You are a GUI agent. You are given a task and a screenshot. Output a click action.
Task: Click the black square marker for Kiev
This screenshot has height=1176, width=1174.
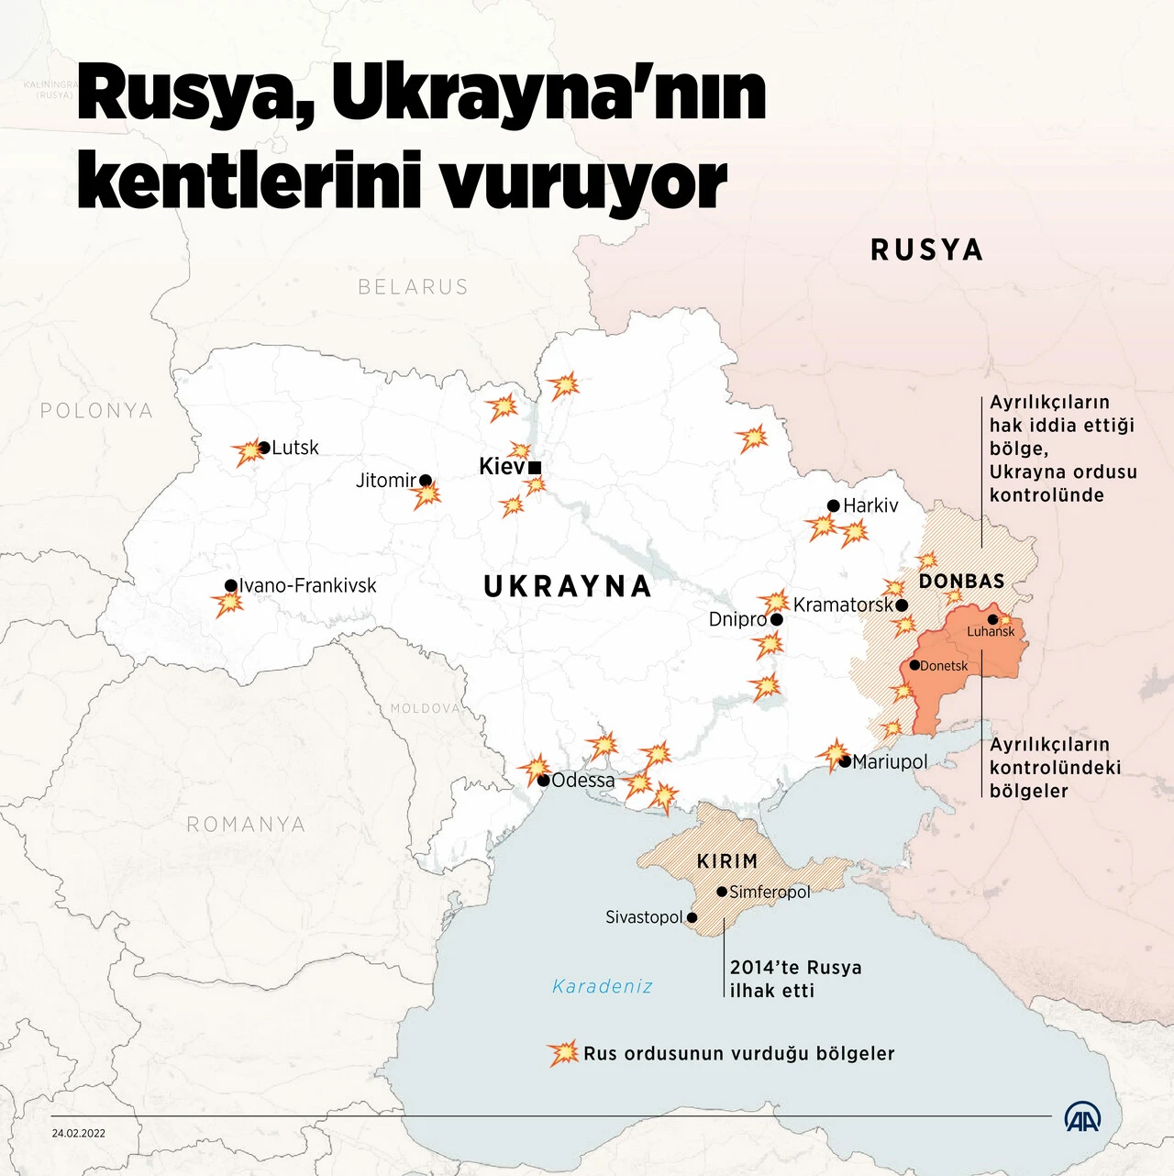536,468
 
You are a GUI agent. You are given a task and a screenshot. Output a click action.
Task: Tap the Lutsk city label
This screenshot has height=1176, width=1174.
295,448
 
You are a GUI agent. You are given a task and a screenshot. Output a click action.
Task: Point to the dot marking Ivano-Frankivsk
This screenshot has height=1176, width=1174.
231,585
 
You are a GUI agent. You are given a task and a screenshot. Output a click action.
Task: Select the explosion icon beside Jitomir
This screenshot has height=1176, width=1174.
426,496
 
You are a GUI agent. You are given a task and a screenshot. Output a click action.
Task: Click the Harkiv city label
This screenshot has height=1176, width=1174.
870,505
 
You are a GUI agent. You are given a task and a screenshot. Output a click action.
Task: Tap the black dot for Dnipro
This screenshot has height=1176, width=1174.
777,619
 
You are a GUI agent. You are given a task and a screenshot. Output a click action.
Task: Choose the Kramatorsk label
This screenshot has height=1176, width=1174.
842,605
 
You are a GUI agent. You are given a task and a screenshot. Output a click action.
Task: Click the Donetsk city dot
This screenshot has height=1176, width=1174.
914,665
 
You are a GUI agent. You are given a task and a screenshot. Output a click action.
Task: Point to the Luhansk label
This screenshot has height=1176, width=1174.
991,631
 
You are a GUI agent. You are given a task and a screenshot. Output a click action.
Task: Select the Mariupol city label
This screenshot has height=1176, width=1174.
890,761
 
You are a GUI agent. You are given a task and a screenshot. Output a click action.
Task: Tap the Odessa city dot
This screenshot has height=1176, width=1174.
544,781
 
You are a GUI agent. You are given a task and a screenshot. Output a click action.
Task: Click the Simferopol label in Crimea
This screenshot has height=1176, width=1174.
770,892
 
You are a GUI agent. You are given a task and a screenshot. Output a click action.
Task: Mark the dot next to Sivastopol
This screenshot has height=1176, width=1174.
692,917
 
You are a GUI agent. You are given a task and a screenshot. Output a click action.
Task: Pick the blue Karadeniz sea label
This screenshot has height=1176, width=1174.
603,986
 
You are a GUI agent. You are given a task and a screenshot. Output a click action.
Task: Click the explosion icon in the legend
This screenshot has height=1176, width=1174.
563,1053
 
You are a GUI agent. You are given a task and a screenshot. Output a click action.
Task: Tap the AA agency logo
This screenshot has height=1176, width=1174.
1082,1117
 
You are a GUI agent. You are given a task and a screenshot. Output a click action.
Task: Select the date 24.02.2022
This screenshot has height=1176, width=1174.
79,1133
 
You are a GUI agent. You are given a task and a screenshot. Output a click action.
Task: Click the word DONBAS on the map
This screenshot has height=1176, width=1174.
961,581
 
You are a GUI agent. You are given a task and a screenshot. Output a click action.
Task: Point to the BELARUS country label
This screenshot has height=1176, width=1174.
413,287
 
